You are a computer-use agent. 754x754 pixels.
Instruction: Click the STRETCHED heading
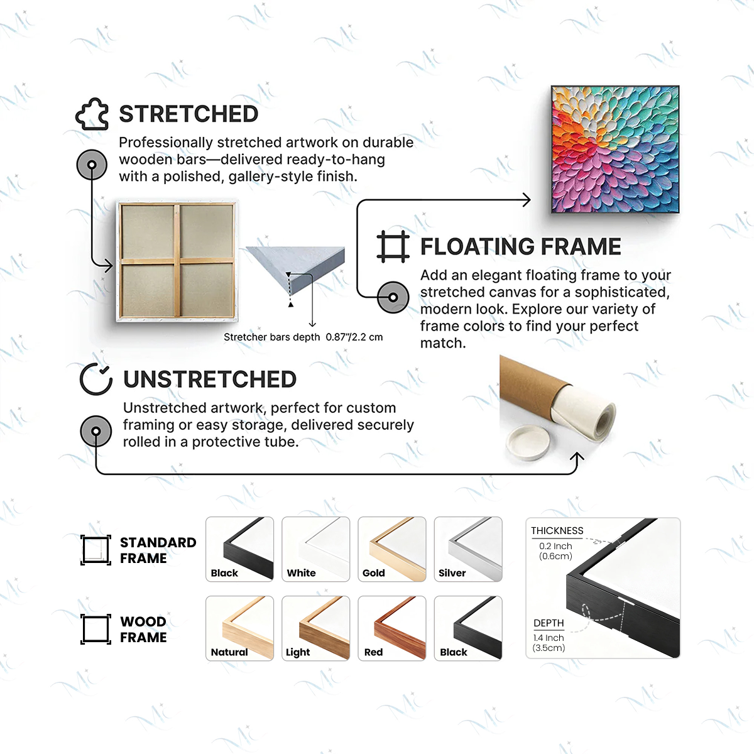tap(188, 114)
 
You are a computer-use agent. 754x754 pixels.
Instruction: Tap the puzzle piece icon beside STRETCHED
tap(92, 114)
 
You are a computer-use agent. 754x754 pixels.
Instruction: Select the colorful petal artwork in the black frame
tap(615, 150)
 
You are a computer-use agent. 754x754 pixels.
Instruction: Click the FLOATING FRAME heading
tap(520, 247)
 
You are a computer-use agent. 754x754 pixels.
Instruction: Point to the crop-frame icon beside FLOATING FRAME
tap(393, 246)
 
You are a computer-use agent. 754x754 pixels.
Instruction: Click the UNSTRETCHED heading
tap(210, 380)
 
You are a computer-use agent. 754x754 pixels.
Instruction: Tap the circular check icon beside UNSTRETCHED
tap(96, 379)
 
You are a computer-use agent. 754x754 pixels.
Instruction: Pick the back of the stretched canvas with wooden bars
tap(178, 261)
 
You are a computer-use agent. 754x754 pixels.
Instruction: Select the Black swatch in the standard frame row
tap(240, 549)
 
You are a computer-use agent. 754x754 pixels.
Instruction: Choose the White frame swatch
tap(315, 549)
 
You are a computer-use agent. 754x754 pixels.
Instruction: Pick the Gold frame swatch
tap(392, 549)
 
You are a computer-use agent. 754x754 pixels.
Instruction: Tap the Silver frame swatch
tap(468, 549)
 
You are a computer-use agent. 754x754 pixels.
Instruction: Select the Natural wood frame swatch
tap(240, 628)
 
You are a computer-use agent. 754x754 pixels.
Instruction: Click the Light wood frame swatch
tap(315, 628)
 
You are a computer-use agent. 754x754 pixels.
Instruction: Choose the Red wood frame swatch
tap(392, 628)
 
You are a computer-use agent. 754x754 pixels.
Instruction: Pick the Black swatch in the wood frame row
tap(468, 628)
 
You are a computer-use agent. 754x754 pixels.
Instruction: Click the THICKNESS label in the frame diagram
tap(557, 531)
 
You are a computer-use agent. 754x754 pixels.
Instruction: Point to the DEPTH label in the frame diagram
tap(549, 623)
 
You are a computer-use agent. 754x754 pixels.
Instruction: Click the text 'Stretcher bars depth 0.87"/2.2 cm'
tap(303, 337)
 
